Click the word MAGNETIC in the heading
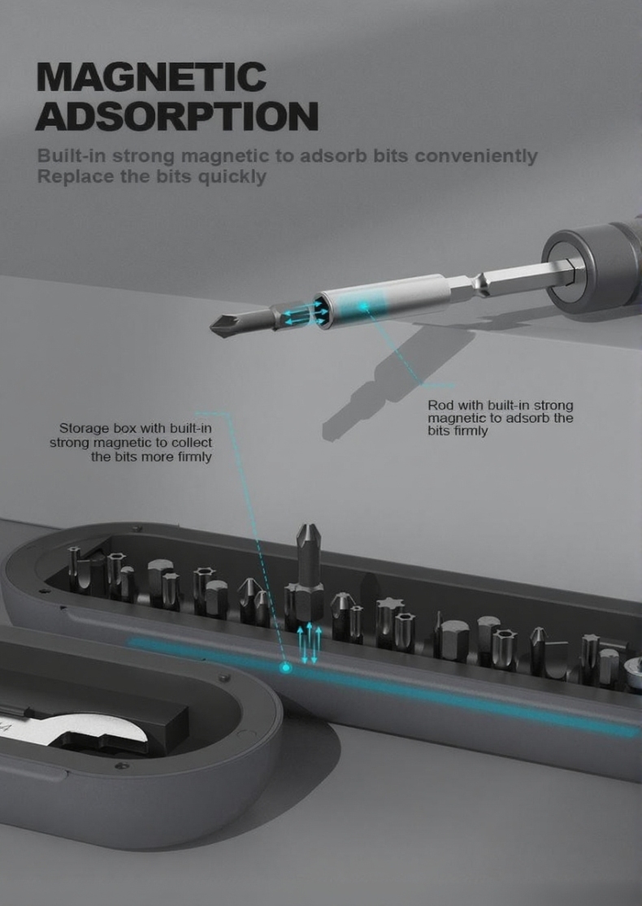(x=151, y=77)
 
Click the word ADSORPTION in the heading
(x=177, y=115)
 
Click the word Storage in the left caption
(x=84, y=429)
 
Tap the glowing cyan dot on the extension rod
(x=363, y=306)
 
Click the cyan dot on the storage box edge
(x=285, y=668)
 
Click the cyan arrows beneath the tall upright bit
(x=309, y=643)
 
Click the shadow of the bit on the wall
(x=393, y=381)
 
